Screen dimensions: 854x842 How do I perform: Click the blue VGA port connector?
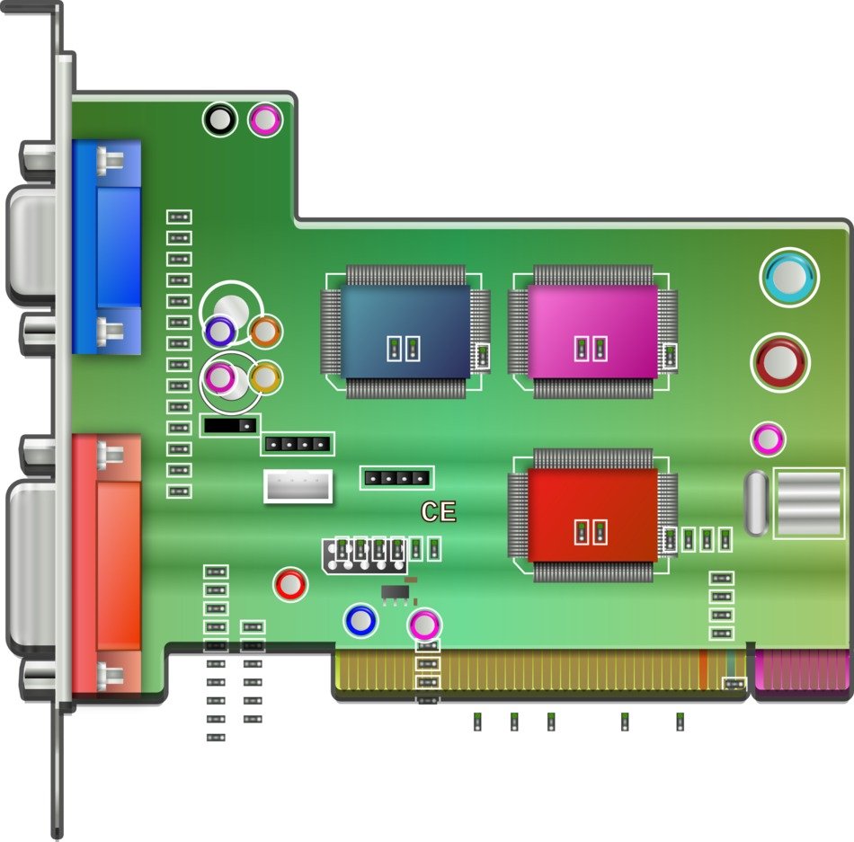tap(107, 247)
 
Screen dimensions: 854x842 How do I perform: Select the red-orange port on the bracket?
tap(107, 563)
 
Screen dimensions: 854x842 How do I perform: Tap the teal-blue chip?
tap(405, 332)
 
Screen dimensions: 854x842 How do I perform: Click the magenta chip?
tap(592, 332)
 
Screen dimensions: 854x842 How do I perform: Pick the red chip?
tap(592, 515)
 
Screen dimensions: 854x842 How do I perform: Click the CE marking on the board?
tap(439, 511)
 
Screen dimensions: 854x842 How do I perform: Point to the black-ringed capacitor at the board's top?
tap(220, 120)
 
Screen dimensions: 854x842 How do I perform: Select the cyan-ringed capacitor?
tap(789, 277)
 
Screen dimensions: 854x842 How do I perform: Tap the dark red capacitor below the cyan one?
tap(780, 362)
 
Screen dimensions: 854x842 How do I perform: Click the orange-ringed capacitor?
tap(265, 331)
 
